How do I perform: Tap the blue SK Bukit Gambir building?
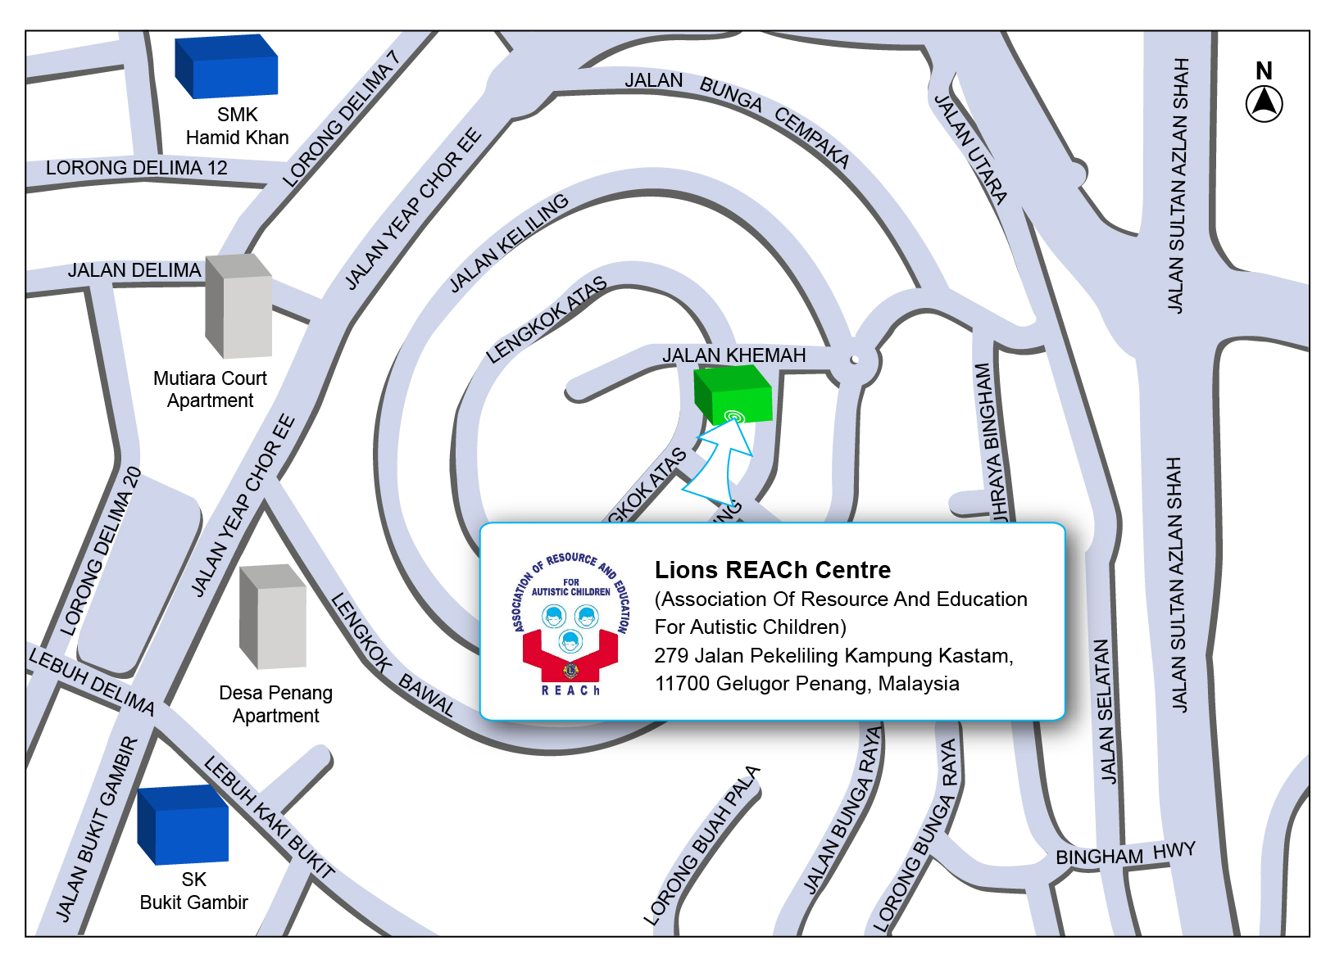183,825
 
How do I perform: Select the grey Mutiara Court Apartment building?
238,307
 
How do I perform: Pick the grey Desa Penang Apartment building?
272,617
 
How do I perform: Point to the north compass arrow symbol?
1264,104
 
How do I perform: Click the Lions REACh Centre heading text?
772,570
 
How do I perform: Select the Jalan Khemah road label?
733,355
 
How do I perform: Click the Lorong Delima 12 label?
136,168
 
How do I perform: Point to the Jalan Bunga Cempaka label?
737,114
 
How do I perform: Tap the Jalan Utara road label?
971,149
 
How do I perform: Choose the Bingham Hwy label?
1124,854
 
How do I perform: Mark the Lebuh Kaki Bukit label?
269,818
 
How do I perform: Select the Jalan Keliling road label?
509,242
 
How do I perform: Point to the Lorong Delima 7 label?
341,120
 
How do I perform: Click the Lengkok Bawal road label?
393,655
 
